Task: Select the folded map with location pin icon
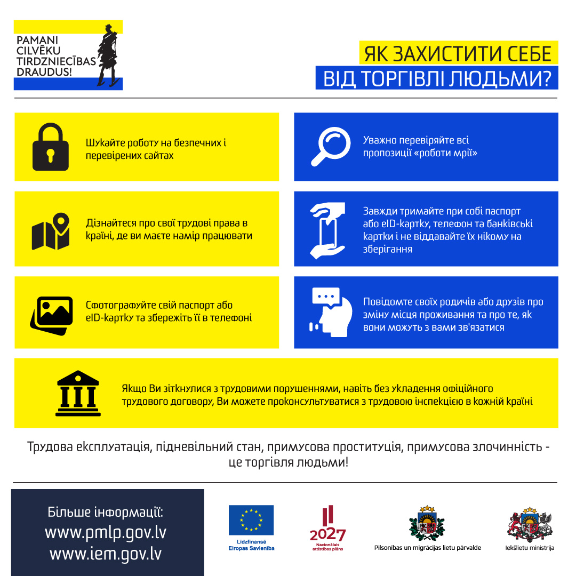click(51, 231)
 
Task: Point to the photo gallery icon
click(51, 315)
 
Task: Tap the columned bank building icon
click(78, 393)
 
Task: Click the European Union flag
click(251, 520)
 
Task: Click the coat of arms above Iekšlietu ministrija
click(529, 524)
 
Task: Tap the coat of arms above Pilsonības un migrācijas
click(427, 524)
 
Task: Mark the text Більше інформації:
click(106, 512)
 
